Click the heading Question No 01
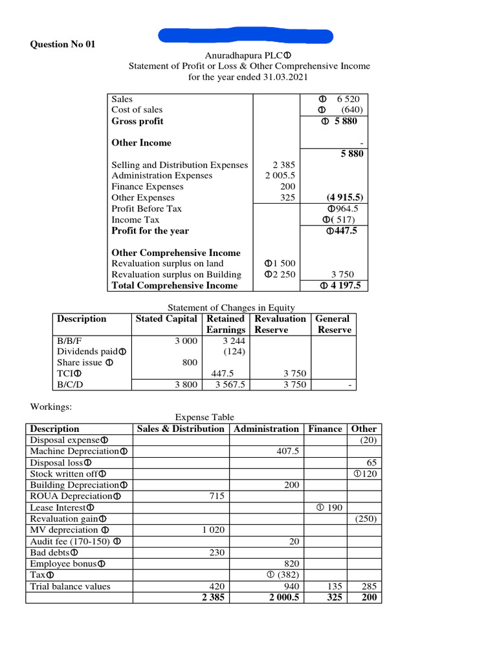click(x=63, y=44)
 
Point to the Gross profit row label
click(x=137, y=121)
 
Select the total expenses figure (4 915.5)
click(x=344, y=198)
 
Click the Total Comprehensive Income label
click(x=175, y=285)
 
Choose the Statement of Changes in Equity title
click(x=231, y=307)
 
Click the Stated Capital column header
click(x=167, y=319)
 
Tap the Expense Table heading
click(x=204, y=417)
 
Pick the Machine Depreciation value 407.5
click(x=287, y=451)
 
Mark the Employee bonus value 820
click(x=292, y=563)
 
